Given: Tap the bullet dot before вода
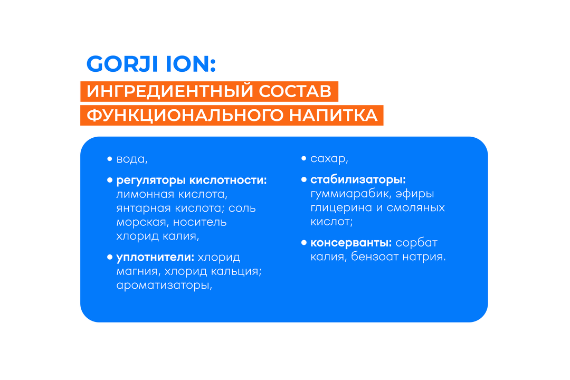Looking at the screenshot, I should (110, 159).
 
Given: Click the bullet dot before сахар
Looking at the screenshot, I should (304, 158).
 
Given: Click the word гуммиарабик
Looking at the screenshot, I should (348, 194).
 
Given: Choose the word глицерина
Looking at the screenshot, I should (340, 207).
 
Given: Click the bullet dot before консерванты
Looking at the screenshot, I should (304, 243).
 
